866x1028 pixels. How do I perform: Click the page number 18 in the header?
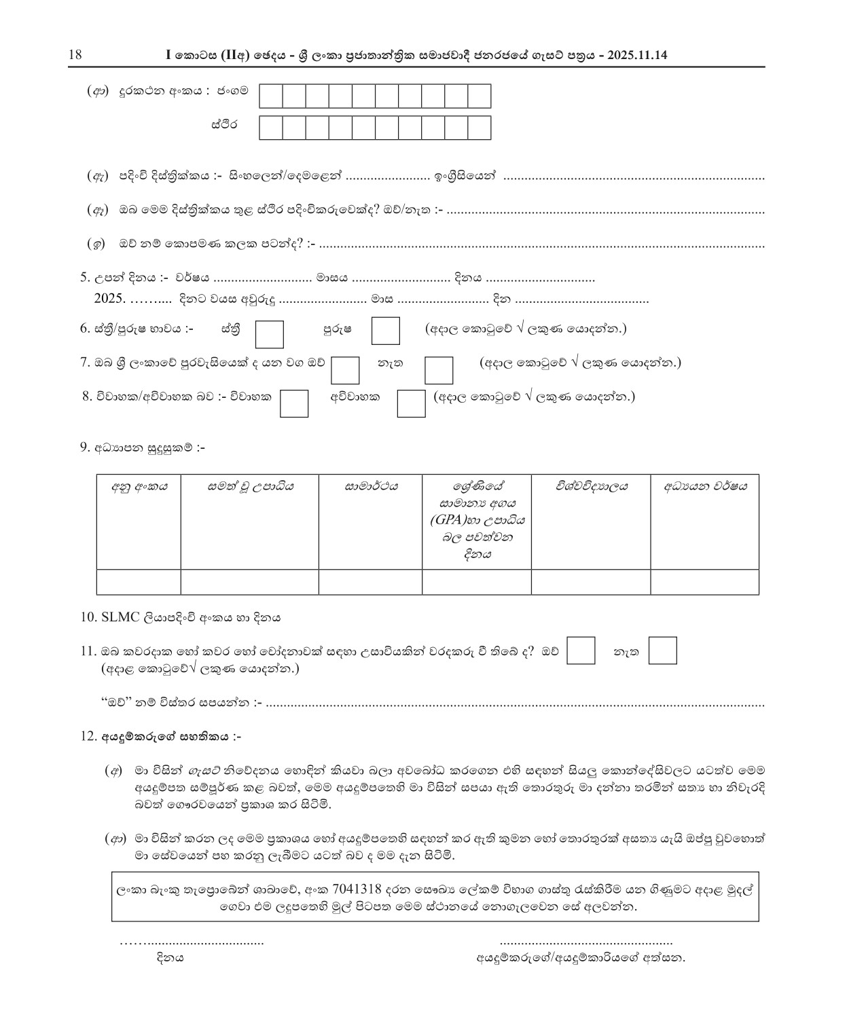pos(75,55)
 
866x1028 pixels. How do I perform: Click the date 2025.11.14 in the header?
pos(638,55)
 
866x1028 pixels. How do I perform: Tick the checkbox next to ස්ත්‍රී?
pos(269,333)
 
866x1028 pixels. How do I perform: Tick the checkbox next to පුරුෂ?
pos(386,331)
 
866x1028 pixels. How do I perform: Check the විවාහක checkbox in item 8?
pos(294,403)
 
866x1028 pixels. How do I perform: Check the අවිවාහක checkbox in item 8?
pos(411,403)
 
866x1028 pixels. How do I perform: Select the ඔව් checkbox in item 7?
pos(345,370)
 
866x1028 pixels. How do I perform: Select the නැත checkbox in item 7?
pos(439,370)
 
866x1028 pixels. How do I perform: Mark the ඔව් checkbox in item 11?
pos(581,650)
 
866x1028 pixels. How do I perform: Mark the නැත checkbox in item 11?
pos(663,650)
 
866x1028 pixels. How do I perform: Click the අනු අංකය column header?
pos(139,487)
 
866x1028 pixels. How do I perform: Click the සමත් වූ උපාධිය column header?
pos(250,487)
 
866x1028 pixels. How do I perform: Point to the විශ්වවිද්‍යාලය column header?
pos(591,487)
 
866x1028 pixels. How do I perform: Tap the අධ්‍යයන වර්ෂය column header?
pos(705,487)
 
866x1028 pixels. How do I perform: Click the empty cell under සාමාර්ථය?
pos(370,583)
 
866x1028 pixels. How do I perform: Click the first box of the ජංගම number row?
pos(272,96)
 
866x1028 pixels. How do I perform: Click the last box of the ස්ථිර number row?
pos(479,128)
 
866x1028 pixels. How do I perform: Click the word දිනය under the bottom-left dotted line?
pos(170,958)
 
